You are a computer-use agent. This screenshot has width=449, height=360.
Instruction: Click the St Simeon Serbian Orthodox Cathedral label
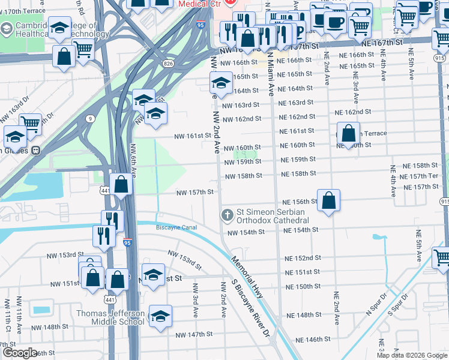270,215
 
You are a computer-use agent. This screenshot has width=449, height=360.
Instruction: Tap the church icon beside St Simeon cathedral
228,214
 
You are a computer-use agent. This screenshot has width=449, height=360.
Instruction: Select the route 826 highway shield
168,63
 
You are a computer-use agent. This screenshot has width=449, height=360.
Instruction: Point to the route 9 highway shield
89,119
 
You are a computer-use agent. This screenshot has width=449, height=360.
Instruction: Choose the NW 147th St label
194,334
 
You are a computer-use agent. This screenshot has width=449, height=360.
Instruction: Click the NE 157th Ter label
420,176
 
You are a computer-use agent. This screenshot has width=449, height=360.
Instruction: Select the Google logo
19,353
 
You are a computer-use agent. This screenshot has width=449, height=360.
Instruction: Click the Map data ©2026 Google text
412,355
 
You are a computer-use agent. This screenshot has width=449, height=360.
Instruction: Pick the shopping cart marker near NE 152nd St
442,258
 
